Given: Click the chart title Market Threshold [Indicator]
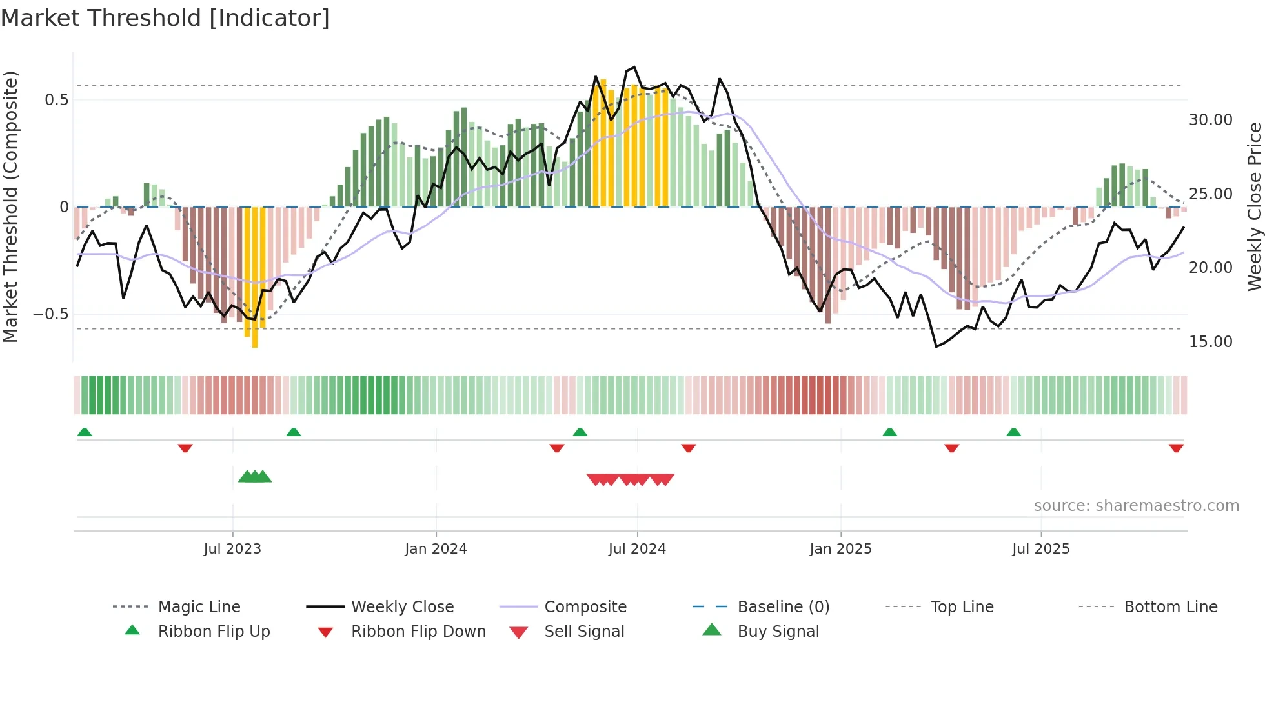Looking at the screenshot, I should pyautogui.click(x=165, y=18).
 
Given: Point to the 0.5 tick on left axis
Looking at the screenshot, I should pyautogui.click(x=56, y=100).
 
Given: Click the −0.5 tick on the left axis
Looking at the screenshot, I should pyautogui.click(x=51, y=314).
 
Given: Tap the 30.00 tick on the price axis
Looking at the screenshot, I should pyautogui.click(x=1210, y=120).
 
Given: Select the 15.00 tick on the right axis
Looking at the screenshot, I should pyautogui.click(x=1210, y=342).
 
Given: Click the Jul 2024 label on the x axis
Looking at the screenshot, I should pyautogui.click(x=636, y=549).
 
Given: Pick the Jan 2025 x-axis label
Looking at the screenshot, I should pyautogui.click(x=840, y=549).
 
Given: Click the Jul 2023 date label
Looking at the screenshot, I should pyautogui.click(x=232, y=549).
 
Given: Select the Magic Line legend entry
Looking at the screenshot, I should pyautogui.click(x=199, y=607).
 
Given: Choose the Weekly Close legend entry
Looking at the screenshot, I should pyautogui.click(x=402, y=607).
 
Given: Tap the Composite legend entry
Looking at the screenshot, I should pyautogui.click(x=585, y=607).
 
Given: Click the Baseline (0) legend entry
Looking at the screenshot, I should pyautogui.click(x=783, y=607).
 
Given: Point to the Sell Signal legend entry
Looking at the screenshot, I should pyautogui.click(x=583, y=632).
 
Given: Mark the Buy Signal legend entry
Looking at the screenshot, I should pyautogui.click(x=778, y=632).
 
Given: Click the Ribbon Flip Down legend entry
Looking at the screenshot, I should pyautogui.click(x=418, y=632).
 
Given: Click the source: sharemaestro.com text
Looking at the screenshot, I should pyautogui.click(x=1136, y=506).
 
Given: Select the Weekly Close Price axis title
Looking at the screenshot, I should pyautogui.click(x=1254, y=206).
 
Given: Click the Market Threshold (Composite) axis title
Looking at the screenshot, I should pyautogui.click(x=10, y=206).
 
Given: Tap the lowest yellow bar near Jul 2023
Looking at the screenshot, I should pyautogui.click(x=255, y=277).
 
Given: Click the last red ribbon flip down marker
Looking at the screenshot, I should pyautogui.click(x=1176, y=448).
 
